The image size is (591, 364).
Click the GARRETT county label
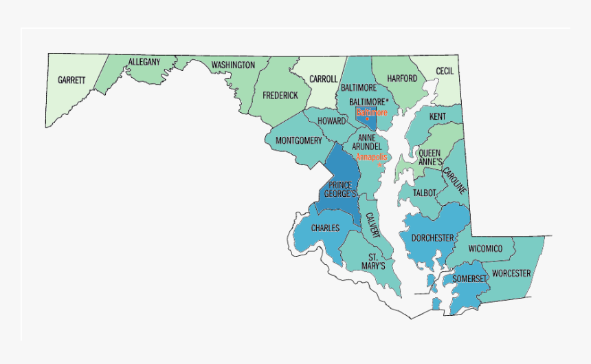[x=71, y=80]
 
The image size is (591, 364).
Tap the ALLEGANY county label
[x=144, y=62]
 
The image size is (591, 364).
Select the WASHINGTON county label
[x=233, y=65]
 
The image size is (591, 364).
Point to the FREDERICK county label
[x=280, y=96]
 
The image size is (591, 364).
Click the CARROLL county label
[x=323, y=79]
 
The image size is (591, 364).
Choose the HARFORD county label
[x=402, y=79]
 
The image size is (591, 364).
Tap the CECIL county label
[x=445, y=71]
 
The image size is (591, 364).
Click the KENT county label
[x=438, y=117]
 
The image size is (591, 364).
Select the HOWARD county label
[x=331, y=121]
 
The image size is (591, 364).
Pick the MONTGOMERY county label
[x=299, y=141]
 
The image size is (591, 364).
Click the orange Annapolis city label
[x=372, y=157]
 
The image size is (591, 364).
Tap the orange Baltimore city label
[x=372, y=111]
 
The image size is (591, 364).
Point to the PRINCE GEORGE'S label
[x=341, y=190]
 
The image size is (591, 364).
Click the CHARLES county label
[x=325, y=228]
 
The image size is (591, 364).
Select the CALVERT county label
[x=372, y=224]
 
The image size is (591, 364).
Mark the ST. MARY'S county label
[x=372, y=261]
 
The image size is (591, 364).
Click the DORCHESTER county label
[x=432, y=238]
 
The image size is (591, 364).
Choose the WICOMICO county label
[x=485, y=248]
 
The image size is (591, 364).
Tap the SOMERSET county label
[x=469, y=279]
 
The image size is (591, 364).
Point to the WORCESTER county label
[x=511, y=273]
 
